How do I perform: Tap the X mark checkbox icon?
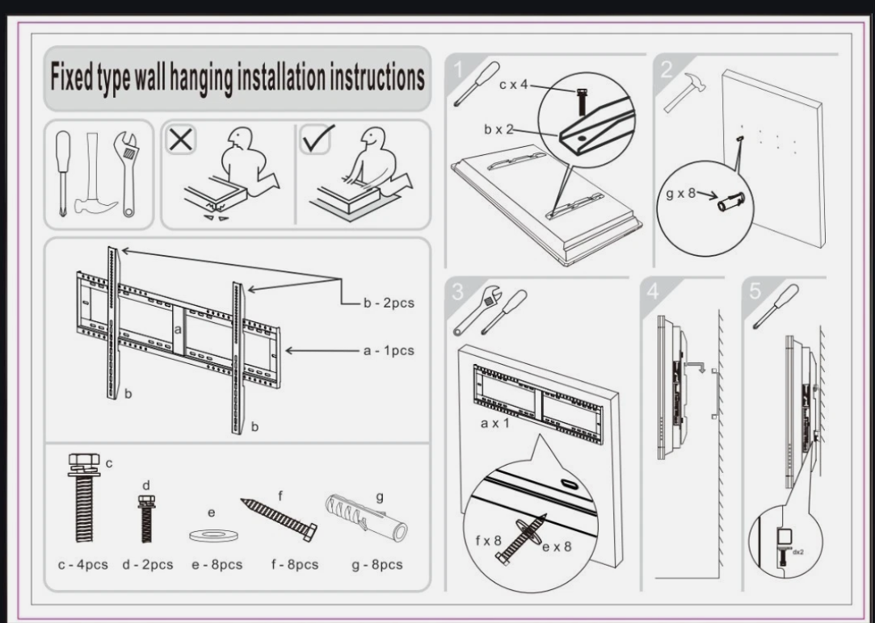coord(181,140)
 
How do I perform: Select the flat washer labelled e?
coord(208,534)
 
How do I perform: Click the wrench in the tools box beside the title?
coord(124,172)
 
